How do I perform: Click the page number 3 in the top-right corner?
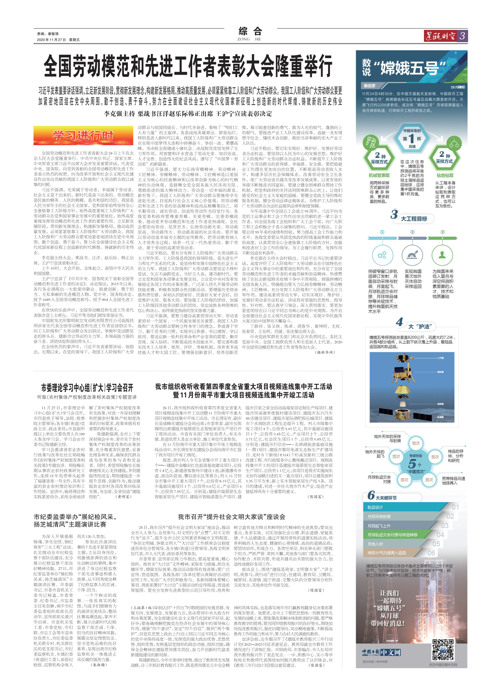pyautogui.click(x=462, y=36)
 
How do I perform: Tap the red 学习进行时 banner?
pyautogui.click(x=83, y=136)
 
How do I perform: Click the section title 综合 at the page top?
pyautogui.click(x=250, y=32)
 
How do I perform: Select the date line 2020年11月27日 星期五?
pyautogui.click(x=58, y=40)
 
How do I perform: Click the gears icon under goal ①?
pyautogui.click(x=382, y=255)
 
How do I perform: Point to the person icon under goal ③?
pyautogui.click(x=442, y=255)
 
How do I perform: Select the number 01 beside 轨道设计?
pyautogui.click(x=455, y=507)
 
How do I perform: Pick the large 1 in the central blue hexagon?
pyautogui.click(x=411, y=139)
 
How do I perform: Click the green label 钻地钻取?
pyautogui.click(x=445, y=175)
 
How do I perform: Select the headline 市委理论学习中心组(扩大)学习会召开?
pyautogui.click(x=87, y=388)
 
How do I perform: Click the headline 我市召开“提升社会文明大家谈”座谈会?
pyautogui.click(x=231, y=517)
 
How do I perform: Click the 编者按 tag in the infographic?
pyautogui.click(x=370, y=86)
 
